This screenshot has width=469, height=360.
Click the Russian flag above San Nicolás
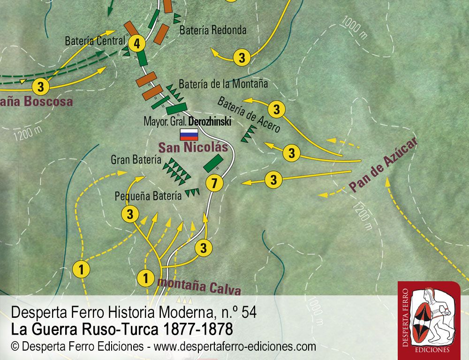coord(189,135)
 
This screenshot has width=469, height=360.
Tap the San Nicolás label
coord(192,148)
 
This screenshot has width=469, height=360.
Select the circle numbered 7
coord(214,184)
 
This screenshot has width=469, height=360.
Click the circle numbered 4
coord(136,44)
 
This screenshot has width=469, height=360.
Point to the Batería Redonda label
coord(213,30)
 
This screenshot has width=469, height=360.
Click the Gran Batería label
coord(133,159)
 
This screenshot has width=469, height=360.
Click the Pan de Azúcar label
coord(383,165)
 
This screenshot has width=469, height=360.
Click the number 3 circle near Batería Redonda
coord(242,58)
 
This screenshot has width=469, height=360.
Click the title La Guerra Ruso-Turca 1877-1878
coord(121,330)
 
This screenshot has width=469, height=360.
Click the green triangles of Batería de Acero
coord(249,134)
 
